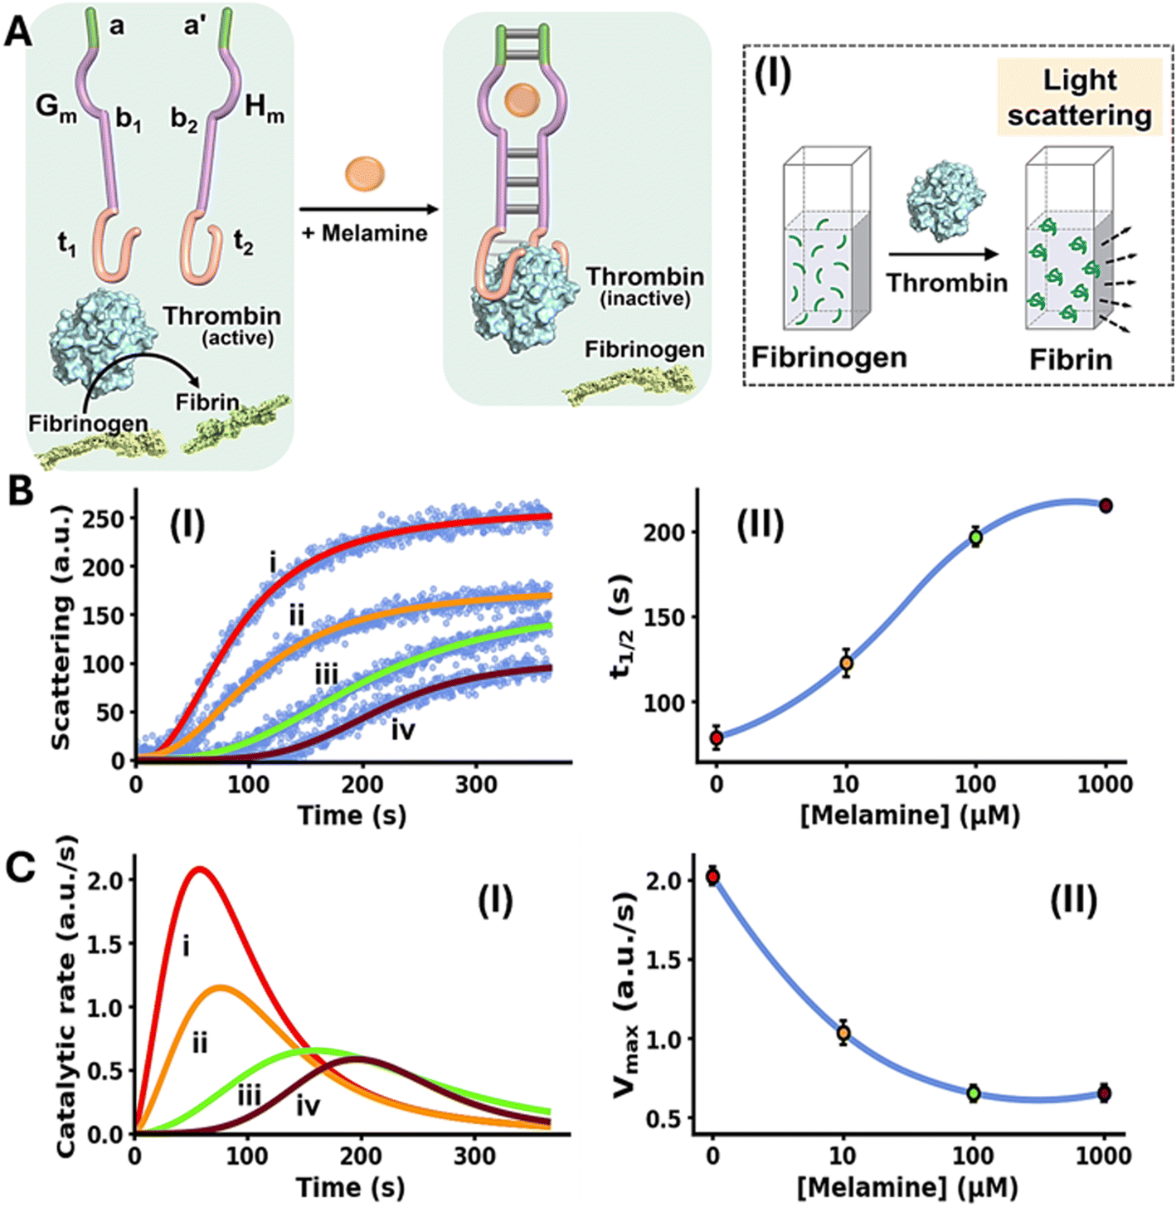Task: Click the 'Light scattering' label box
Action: [x=1079, y=97]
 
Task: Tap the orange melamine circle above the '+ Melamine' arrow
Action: [x=365, y=174]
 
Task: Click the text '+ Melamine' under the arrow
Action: [x=365, y=233]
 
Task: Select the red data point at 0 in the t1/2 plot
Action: [x=717, y=737]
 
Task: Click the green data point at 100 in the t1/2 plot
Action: [x=976, y=538]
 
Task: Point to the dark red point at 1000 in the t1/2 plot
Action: [x=1106, y=506]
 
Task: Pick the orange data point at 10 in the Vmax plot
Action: [x=843, y=1033]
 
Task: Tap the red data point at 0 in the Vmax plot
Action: [x=712, y=877]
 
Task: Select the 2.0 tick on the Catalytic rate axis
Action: [x=107, y=879]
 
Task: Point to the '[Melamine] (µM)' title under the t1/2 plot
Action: [x=910, y=815]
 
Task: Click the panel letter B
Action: [x=20, y=491]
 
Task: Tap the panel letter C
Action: [x=20, y=867]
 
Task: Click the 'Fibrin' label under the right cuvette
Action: [x=1071, y=360]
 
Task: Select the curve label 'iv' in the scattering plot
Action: [x=403, y=730]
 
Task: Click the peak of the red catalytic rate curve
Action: [x=199, y=869]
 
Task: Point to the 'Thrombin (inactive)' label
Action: [x=645, y=285]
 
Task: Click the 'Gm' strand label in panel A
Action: [x=56, y=109]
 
